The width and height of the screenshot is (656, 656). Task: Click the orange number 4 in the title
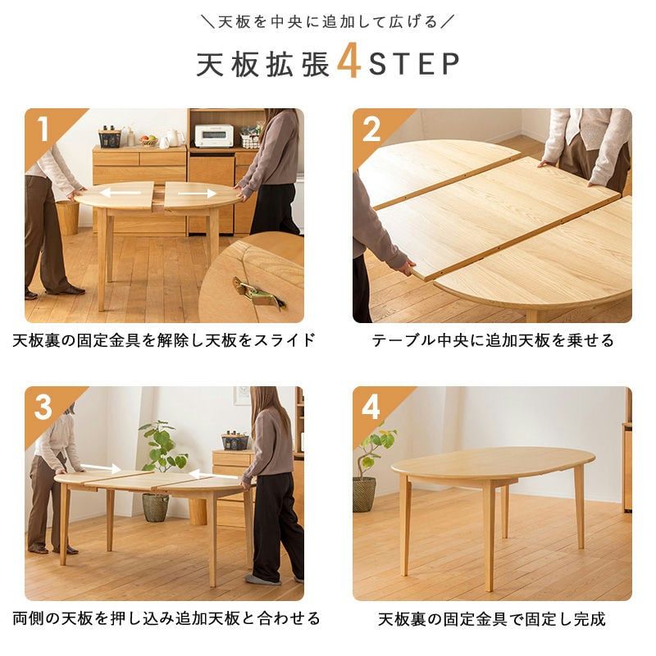point(349,65)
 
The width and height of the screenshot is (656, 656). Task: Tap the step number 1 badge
point(43,128)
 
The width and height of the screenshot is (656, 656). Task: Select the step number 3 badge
point(43,406)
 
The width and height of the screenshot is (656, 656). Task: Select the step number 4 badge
point(371,406)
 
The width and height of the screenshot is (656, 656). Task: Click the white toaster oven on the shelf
point(213,135)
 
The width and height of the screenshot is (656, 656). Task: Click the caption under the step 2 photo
point(492,340)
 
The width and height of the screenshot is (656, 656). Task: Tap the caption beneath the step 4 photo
point(492,619)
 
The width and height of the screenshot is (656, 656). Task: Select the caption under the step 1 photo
point(164,340)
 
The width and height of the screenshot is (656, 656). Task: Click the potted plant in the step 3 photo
point(157,467)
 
